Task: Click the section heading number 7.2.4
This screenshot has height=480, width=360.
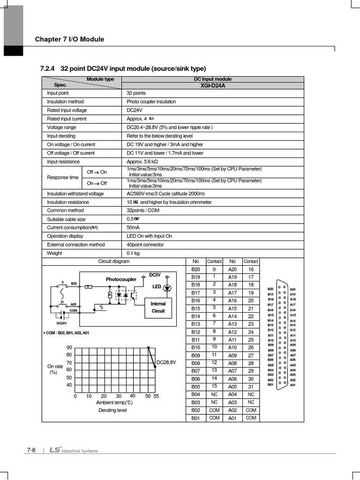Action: point(48,68)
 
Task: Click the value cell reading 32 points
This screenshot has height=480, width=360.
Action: point(136,93)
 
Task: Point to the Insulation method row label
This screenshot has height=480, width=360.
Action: point(65,102)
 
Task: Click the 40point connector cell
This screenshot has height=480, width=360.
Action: point(145,245)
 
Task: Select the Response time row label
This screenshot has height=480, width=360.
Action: point(62,178)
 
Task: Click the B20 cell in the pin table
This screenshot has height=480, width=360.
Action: point(195,270)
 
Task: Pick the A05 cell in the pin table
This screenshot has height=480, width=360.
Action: point(232,387)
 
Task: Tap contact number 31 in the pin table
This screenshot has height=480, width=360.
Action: point(251,387)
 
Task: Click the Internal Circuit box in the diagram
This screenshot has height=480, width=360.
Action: point(158,307)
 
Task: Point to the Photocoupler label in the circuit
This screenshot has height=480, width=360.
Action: point(121,279)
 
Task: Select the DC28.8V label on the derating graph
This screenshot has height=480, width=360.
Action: point(166,362)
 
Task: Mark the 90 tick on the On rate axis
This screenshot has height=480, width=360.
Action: point(69,347)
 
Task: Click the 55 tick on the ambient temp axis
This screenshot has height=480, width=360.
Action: point(156,396)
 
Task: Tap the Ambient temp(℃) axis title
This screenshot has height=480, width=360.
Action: point(114,403)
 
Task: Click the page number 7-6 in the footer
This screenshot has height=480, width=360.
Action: point(31,450)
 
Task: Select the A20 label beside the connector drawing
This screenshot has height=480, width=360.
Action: point(293,290)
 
